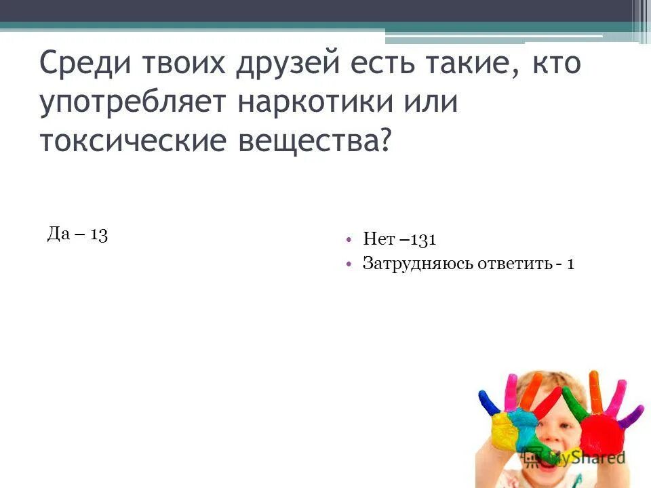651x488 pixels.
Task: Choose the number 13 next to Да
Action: tap(98, 235)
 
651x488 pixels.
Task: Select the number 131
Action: tap(422, 239)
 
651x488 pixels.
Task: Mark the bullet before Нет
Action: tap(348, 239)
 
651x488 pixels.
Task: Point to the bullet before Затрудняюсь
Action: tap(348, 263)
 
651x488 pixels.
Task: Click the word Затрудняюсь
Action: tap(412, 263)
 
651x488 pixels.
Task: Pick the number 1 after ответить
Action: tap(571, 263)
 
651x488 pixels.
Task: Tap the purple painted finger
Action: tap(631, 414)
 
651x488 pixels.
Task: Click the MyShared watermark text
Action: tap(585, 457)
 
